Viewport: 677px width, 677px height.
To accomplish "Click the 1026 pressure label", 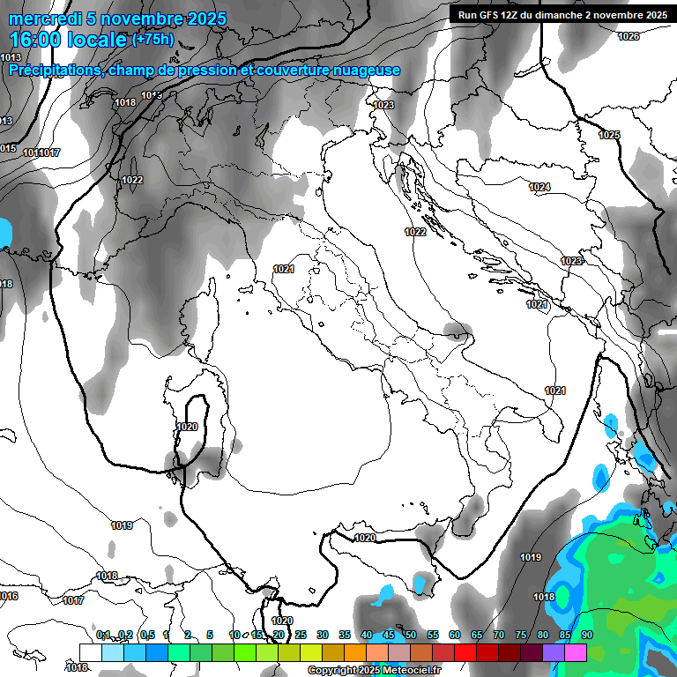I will (x=629, y=36).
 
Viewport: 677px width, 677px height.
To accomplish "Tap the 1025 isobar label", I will (x=609, y=135).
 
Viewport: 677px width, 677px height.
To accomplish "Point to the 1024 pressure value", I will (x=539, y=187).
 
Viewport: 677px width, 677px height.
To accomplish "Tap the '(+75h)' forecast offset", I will (x=153, y=40).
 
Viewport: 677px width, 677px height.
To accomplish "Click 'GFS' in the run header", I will (x=492, y=15).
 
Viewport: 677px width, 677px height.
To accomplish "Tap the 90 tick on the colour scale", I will (x=586, y=635).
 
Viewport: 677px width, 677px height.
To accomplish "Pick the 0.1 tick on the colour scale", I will (x=103, y=635).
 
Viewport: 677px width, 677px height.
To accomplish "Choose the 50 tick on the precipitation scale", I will (x=411, y=635).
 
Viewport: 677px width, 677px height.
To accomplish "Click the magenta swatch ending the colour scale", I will (x=576, y=652).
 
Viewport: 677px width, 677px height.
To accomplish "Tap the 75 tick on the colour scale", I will (x=521, y=635).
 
